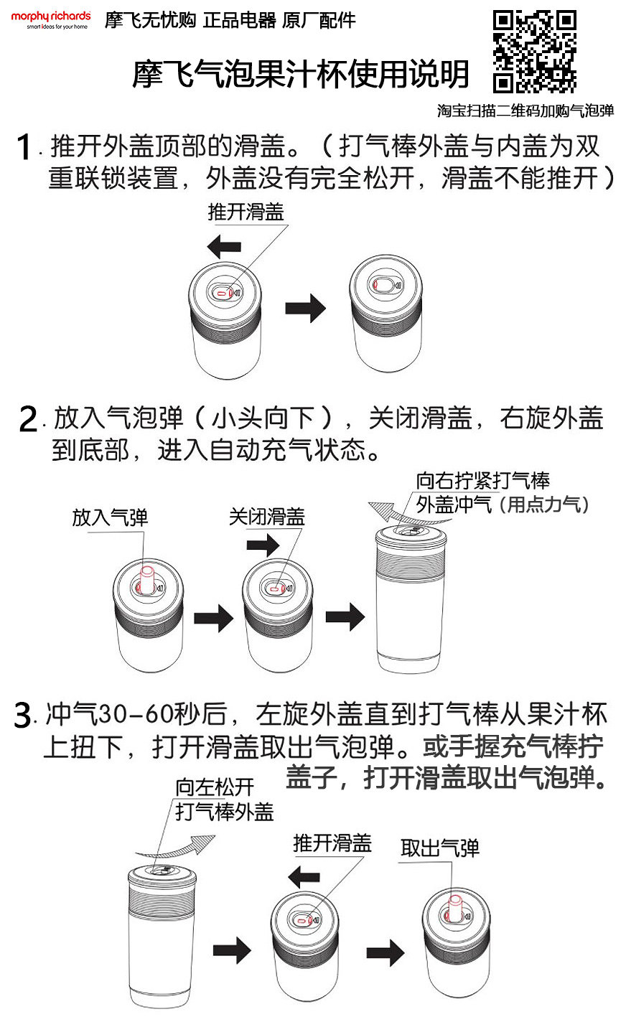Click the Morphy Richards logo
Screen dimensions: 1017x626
(50, 19)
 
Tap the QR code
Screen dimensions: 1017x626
(534, 51)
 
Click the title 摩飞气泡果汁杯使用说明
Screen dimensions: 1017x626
(301, 73)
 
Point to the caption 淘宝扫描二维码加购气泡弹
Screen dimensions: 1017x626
(525, 111)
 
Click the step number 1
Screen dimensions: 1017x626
(24, 149)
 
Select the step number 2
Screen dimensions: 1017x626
(28, 419)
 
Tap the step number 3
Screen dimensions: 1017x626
(23, 716)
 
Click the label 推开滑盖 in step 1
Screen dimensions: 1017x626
(246, 212)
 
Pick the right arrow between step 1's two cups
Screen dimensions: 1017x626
(305, 309)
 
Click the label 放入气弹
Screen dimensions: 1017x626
(110, 517)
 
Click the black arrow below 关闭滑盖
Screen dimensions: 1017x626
(262, 545)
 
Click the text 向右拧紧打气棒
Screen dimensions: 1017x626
(482, 480)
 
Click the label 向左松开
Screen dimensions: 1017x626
(215, 787)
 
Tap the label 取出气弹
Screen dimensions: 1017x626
(439, 848)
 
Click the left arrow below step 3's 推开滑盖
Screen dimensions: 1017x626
(303, 876)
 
